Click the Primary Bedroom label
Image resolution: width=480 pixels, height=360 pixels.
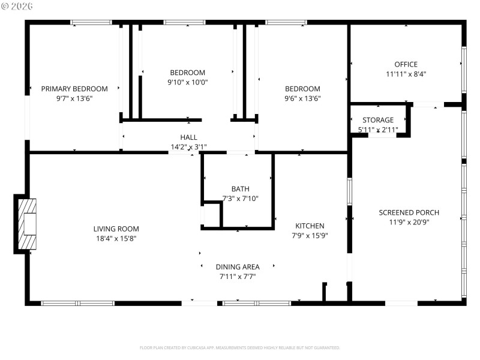coord(74,89)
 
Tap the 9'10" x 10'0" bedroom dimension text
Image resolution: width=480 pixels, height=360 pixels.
coord(188,82)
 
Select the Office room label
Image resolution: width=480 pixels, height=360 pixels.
coord(406,64)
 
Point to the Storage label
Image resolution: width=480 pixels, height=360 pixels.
coord(378,120)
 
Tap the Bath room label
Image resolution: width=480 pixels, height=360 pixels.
coord(240,188)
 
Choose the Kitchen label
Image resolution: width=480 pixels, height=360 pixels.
coord(309,226)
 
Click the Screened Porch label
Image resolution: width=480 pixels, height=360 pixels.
coord(409,212)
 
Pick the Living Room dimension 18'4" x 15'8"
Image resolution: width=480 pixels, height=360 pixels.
coord(116,238)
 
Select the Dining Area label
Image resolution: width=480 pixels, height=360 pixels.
coord(238,267)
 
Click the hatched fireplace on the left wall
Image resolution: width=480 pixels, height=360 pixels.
coord(27,222)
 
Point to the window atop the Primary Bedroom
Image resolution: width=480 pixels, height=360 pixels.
coord(91,23)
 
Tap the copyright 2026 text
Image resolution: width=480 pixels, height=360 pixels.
coord(17,5)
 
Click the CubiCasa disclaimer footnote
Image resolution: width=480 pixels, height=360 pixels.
coord(240,347)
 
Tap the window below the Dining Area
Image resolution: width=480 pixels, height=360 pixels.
coord(257,303)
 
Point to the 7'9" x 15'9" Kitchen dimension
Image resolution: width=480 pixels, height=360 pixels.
coord(309,235)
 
